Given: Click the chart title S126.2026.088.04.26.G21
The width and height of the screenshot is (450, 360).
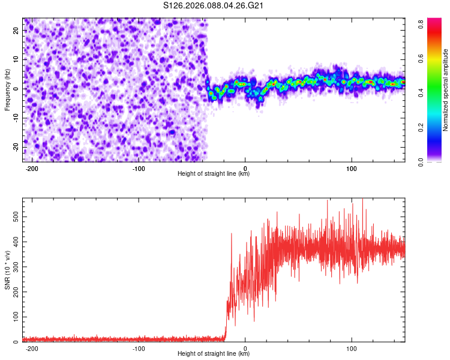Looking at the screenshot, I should point(214,6).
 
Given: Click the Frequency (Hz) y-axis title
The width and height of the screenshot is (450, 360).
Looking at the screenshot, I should point(7,90).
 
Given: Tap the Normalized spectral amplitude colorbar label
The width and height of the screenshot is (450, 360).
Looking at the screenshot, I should point(445,90).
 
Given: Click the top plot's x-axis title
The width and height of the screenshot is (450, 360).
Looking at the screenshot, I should point(214,174).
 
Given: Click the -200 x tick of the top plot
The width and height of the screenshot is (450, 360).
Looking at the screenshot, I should point(32,167).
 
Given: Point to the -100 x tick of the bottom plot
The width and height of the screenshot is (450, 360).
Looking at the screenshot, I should point(139,347).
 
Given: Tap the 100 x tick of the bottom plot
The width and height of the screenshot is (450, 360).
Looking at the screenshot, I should point(352,347).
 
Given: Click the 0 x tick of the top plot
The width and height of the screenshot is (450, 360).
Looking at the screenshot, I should point(245,167).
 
